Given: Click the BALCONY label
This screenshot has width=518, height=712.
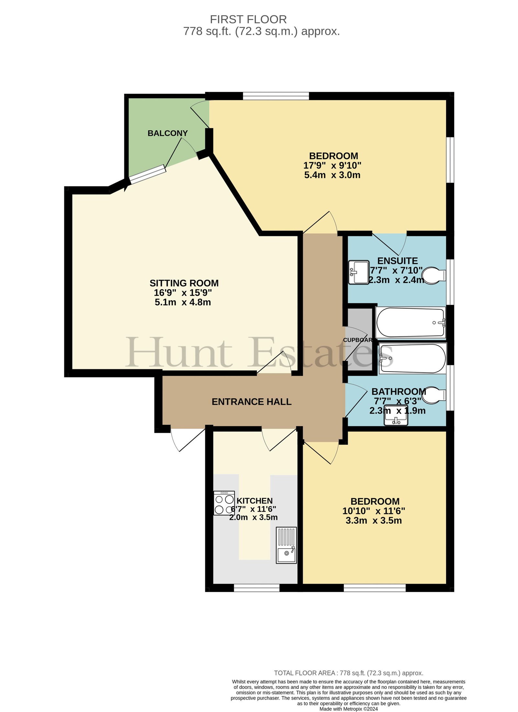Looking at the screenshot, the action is (x=167, y=133).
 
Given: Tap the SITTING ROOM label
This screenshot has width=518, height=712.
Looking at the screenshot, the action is (x=184, y=283).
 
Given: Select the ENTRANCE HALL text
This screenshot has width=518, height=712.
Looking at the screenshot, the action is (x=252, y=402).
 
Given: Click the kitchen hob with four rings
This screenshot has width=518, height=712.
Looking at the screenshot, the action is (x=224, y=503).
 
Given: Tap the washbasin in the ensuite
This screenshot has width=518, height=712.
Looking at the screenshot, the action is (x=359, y=272).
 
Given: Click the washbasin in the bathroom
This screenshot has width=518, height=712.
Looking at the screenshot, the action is (x=396, y=415).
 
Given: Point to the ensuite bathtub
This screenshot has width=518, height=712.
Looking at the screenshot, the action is (x=411, y=323).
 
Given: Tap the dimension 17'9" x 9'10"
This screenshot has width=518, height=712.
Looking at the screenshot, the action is (x=332, y=166).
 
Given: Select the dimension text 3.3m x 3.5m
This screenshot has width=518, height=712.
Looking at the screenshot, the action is (x=374, y=520).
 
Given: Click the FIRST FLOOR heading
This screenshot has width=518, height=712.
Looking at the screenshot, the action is (x=248, y=19).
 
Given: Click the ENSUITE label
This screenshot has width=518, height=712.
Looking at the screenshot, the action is (x=398, y=261).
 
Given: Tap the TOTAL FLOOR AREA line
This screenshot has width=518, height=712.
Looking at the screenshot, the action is (x=349, y=673).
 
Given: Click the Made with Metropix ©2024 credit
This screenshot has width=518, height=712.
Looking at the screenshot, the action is (x=349, y=709).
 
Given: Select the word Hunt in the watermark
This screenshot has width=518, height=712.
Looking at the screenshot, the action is (x=179, y=352).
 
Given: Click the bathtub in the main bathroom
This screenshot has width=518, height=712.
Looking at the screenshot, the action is (x=413, y=359).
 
